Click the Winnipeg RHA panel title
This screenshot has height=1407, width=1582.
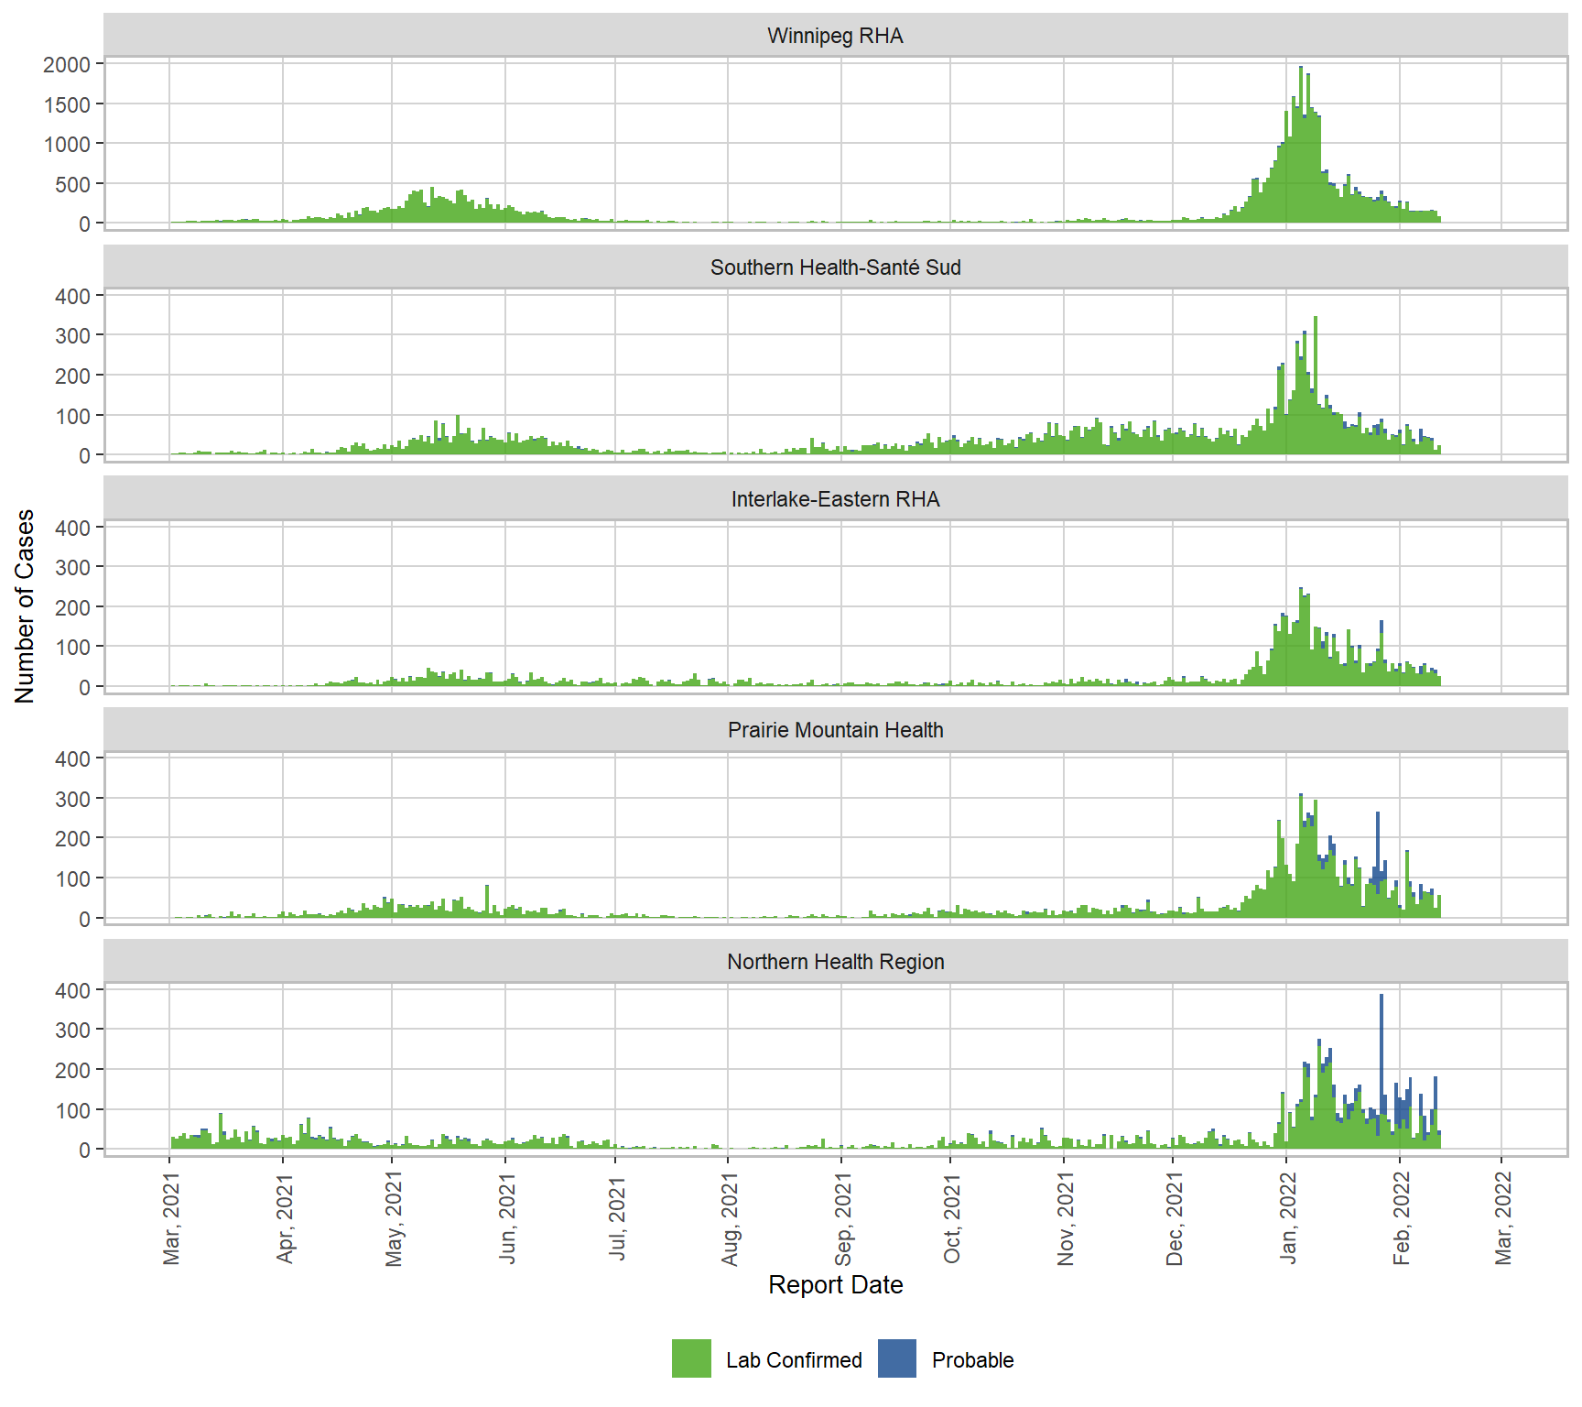click(835, 36)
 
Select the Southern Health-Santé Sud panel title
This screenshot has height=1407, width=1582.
click(835, 267)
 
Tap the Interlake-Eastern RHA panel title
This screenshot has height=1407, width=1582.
click(835, 499)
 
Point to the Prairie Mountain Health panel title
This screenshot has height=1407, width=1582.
click(835, 730)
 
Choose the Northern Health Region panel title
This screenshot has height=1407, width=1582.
click(835, 962)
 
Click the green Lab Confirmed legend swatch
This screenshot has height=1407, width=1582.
click(691, 1358)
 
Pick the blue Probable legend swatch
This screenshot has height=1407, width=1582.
click(896, 1358)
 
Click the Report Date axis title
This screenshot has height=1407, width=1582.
click(835, 1284)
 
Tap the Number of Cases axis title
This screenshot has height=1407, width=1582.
click(25, 606)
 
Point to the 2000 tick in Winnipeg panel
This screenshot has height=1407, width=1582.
click(67, 64)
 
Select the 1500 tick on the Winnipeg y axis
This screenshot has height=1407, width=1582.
click(67, 104)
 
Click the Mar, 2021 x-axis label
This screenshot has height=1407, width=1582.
click(171, 1218)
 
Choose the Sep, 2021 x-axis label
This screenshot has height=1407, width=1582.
click(843, 1218)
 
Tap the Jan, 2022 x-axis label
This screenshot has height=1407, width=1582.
click(1288, 1218)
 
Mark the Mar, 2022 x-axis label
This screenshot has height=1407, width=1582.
click(1503, 1218)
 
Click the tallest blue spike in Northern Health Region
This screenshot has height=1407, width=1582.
click(1382, 1035)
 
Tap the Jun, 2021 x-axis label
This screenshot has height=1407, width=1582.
click(507, 1218)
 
